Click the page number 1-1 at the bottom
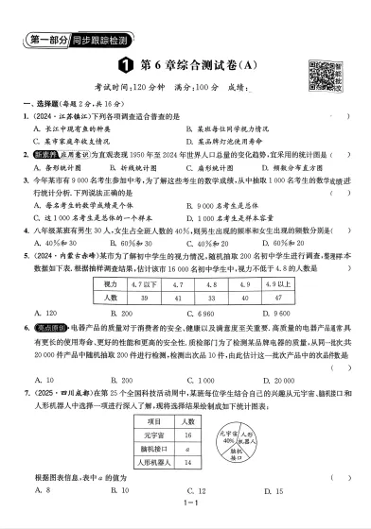186,516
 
